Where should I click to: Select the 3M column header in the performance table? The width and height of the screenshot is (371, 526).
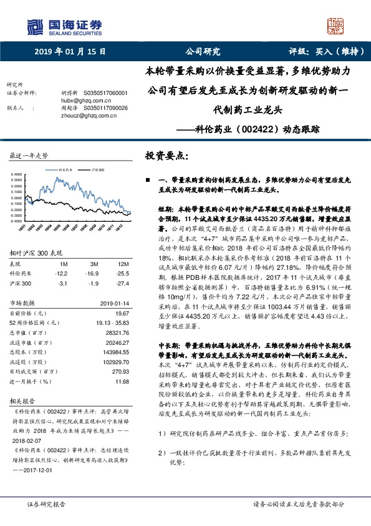[x=93, y=264]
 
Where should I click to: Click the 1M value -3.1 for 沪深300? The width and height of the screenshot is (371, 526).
[x=61, y=283]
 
